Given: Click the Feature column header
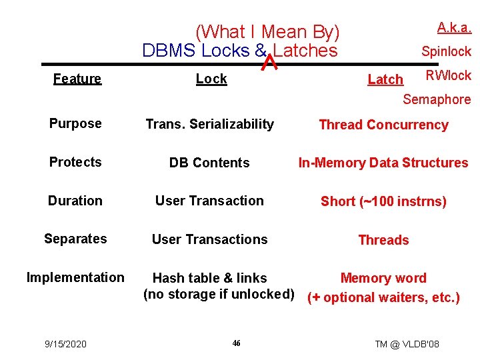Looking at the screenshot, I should coord(77,79).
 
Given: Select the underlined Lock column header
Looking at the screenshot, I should coord(211,79).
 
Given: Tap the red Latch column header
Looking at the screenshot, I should coord(385,80).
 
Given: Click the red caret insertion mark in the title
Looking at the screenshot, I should coord(269,62).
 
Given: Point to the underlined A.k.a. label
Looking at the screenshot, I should coord(454,27).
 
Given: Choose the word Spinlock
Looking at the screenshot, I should coord(446,51).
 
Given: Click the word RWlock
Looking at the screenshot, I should coord(448,75).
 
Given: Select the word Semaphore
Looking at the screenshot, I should coord(437,100).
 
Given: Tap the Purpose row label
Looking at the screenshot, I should coord(75,123).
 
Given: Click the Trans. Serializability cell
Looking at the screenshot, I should coord(209,124).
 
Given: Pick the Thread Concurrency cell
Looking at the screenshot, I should coord(383,125).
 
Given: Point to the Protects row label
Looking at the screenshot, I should coord(75,162).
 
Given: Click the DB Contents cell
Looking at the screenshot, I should coord(209,163).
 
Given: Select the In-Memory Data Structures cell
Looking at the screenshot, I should coord(383,163).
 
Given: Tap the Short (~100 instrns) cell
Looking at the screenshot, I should coord(383,201).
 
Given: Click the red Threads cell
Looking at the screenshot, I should coord(383,240).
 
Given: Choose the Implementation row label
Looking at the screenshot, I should coord(75,277).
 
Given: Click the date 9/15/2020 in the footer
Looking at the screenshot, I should coord(65,344).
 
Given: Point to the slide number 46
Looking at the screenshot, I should coord(236,343).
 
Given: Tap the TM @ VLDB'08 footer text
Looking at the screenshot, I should coord(407,344).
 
